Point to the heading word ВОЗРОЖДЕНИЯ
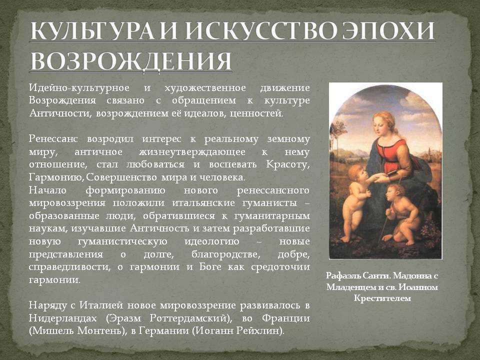[130, 61]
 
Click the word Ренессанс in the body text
[53, 139]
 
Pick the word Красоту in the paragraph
[288, 164]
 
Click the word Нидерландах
[63, 318]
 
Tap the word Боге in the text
[210, 267]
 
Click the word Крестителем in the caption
[382, 298]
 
